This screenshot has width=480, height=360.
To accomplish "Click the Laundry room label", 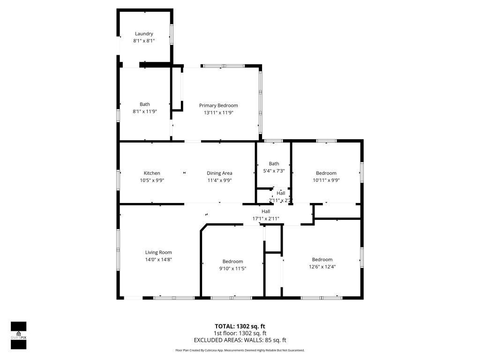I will click(x=144, y=34).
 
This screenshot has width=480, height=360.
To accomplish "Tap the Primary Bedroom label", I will click(x=218, y=105).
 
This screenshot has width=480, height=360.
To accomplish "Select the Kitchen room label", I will click(x=152, y=173).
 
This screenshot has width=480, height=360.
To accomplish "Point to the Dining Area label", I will click(x=220, y=173).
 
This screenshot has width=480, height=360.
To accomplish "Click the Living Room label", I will click(x=158, y=252).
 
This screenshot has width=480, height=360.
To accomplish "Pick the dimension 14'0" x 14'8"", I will click(x=158, y=259).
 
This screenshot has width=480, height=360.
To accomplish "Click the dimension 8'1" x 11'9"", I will click(x=144, y=112).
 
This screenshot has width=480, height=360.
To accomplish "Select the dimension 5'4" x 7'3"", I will click(x=274, y=171).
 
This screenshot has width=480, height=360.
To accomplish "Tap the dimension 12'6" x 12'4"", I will click(x=322, y=266).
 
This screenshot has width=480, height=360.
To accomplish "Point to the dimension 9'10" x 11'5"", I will click(x=232, y=268).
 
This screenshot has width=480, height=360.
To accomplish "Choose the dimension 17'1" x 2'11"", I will click(x=266, y=218).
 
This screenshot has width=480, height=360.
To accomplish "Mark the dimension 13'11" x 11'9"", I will click(x=218, y=112).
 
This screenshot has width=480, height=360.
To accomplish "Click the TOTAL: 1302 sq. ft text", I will click(x=240, y=326).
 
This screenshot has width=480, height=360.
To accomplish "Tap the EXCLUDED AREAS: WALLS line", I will click(x=240, y=340).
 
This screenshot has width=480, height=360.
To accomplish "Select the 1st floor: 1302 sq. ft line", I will click(x=240, y=333).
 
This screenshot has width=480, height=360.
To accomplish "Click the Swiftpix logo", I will click(x=18, y=335).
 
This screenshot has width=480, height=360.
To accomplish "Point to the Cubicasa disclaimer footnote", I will click(x=240, y=350).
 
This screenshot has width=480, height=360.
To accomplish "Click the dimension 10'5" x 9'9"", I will click(x=152, y=180).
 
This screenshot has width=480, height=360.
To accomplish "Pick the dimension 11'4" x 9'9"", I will click(x=220, y=180).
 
